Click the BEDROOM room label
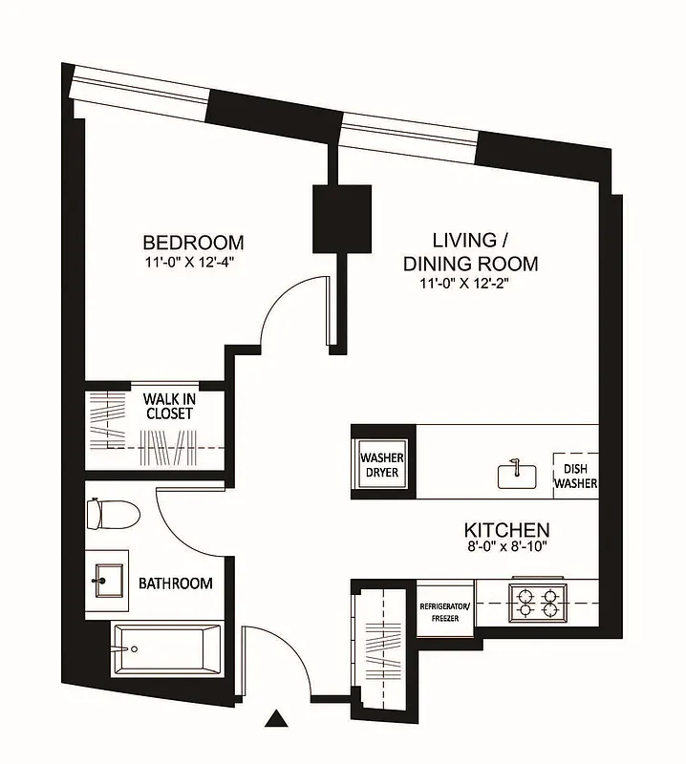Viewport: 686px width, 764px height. pos(193,243)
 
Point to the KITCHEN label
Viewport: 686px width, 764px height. pos(506,529)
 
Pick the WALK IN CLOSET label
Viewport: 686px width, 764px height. pos(169,406)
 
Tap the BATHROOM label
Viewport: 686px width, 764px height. pos(176,583)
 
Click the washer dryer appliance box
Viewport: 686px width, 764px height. pos(380,465)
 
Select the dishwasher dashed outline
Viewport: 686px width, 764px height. pos(576,475)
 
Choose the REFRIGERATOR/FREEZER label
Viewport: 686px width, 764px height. pos(445,611)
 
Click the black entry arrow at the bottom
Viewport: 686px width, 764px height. pos(277,719)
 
